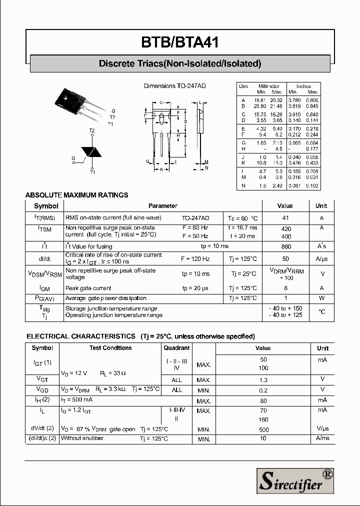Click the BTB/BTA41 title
click(x=180, y=42)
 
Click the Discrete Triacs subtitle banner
click(x=180, y=63)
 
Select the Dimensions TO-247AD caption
click(x=174, y=86)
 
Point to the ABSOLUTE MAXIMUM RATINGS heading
click(x=76, y=195)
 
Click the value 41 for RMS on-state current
click(x=285, y=218)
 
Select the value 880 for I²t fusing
click(x=285, y=246)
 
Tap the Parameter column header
click(x=162, y=205)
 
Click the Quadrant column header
click(x=177, y=348)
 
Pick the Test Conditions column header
click(x=110, y=348)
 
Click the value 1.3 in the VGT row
click(x=263, y=380)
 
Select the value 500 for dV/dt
click(x=263, y=429)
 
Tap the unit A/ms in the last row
click(x=322, y=438)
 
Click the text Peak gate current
click(x=88, y=288)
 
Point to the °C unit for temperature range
click(x=322, y=311)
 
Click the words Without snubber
click(x=82, y=438)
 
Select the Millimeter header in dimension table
click(x=269, y=86)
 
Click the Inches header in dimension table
click(x=303, y=86)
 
